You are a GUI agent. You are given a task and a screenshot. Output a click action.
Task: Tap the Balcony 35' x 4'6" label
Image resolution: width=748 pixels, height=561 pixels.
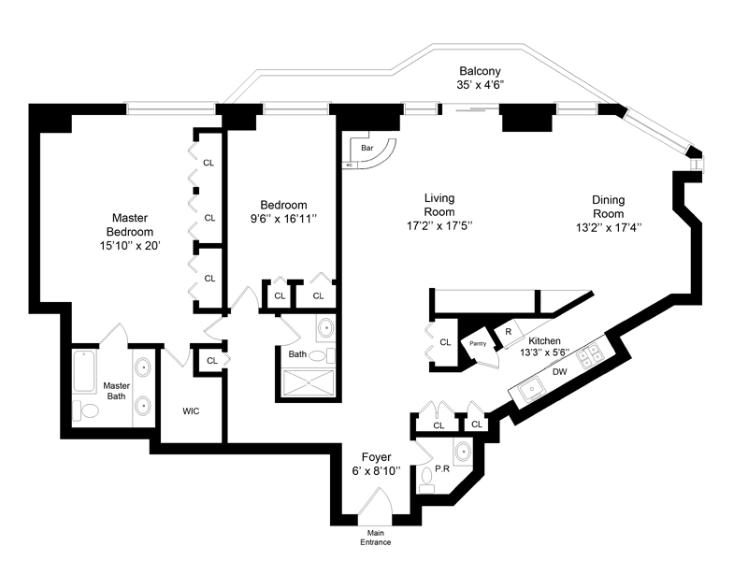[481, 78]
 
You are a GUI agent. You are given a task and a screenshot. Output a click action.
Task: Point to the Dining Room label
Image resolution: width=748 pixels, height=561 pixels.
[608, 213]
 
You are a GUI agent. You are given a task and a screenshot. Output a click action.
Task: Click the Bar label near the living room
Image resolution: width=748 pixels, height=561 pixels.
[367, 148]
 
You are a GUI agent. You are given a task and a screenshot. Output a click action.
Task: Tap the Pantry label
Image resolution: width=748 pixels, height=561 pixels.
[478, 343]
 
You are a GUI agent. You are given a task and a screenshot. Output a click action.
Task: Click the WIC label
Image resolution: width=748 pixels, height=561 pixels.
[191, 410]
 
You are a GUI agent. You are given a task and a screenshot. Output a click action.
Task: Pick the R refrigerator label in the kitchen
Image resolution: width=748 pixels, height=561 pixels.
[508, 330]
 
